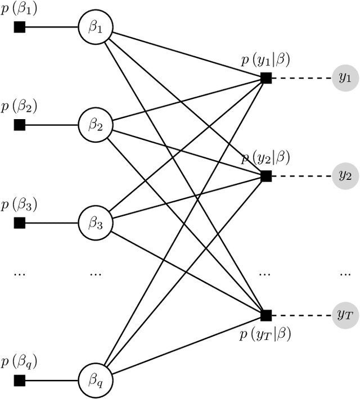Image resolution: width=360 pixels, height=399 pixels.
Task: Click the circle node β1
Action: pyautogui.click(x=96, y=26)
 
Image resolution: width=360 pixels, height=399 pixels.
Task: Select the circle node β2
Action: pyautogui.click(x=96, y=124)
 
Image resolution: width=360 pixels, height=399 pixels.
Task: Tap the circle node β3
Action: pyautogui.click(x=96, y=223)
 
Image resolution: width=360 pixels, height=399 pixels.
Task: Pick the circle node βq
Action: pyautogui.click(x=96, y=378)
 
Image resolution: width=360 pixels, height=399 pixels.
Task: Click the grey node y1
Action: pyautogui.click(x=344, y=78)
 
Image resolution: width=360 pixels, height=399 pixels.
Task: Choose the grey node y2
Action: pyautogui.click(x=344, y=176)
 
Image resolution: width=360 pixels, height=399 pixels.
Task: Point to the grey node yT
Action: pyautogui.click(x=344, y=315)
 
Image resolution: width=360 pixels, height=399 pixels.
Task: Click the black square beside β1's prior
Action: pyautogui.click(x=20, y=26)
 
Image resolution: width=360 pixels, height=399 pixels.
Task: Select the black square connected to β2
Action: pyautogui.click(x=20, y=124)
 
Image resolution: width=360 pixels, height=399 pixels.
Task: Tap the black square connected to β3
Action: pyautogui.click(x=20, y=223)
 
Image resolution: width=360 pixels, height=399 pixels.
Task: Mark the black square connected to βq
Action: pyautogui.click(x=20, y=378)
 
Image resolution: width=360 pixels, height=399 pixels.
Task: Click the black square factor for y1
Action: pyautogui.click(x=266, y=78)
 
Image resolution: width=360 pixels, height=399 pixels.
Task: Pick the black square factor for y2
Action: pyautogui.click(x=266, y=176)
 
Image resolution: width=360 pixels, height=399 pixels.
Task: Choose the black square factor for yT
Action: pyautogui.click(x=266, y=315)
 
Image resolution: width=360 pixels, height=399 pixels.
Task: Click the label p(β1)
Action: pyautogui.click(x=19, y=9)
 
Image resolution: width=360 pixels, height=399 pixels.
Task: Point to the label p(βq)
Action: pyautogui.click(x=19, y=361)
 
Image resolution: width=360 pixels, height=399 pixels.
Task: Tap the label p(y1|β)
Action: pyautogui.click(x=265, y=61)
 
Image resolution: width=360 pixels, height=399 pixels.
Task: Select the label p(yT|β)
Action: pyautogui.click(x=265, y=334)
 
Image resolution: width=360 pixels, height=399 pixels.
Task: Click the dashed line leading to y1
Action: pyautogui.click(x=301, y=78)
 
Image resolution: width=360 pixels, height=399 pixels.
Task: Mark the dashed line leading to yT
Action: pyautogui.click(x=301, y=315)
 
